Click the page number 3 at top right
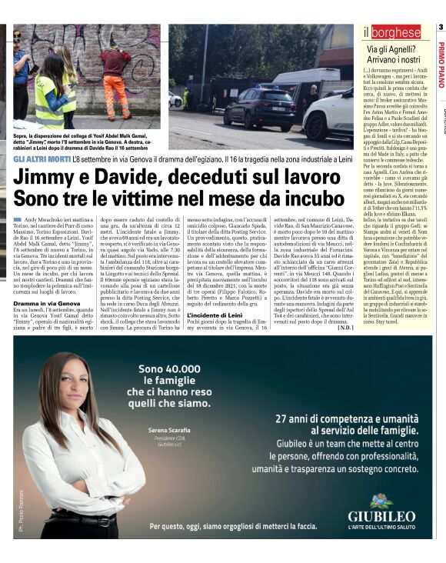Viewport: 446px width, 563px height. tap(441, 29)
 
